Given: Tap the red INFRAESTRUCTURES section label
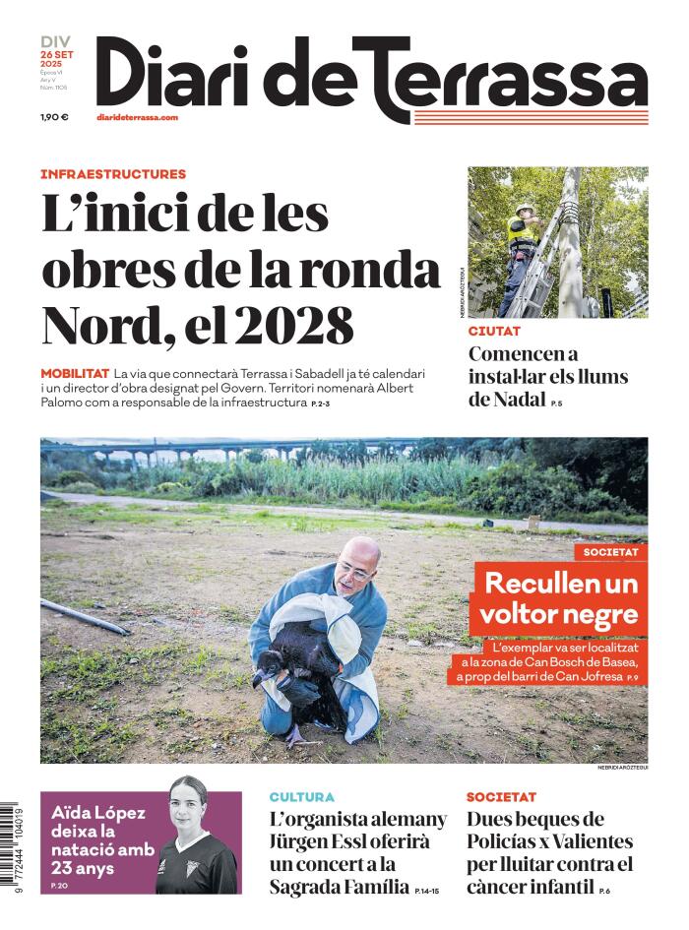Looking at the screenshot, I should (113, 174).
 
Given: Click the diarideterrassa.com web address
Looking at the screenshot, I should (137, 117).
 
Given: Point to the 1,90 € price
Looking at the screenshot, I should (54, 118).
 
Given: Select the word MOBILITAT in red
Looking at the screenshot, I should (75, 375).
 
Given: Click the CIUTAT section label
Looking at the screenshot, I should (494, 333).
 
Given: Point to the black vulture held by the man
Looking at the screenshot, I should (295, 675).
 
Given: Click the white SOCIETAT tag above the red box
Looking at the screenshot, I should (610, 552).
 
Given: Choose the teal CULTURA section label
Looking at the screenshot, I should (302, 797).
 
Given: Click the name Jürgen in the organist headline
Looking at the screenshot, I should (303, 842).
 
